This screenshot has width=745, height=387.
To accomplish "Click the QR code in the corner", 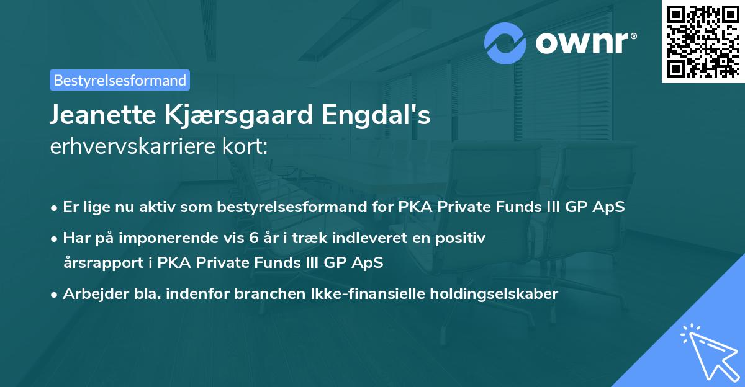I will coord(703,42).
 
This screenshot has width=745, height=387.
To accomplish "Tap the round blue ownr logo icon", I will coord(506,43).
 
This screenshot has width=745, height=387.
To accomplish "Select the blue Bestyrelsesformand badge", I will coord(120,80).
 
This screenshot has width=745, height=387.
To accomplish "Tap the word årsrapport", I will coord(103,262).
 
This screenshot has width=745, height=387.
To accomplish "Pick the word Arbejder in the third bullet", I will coord(91,294).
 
